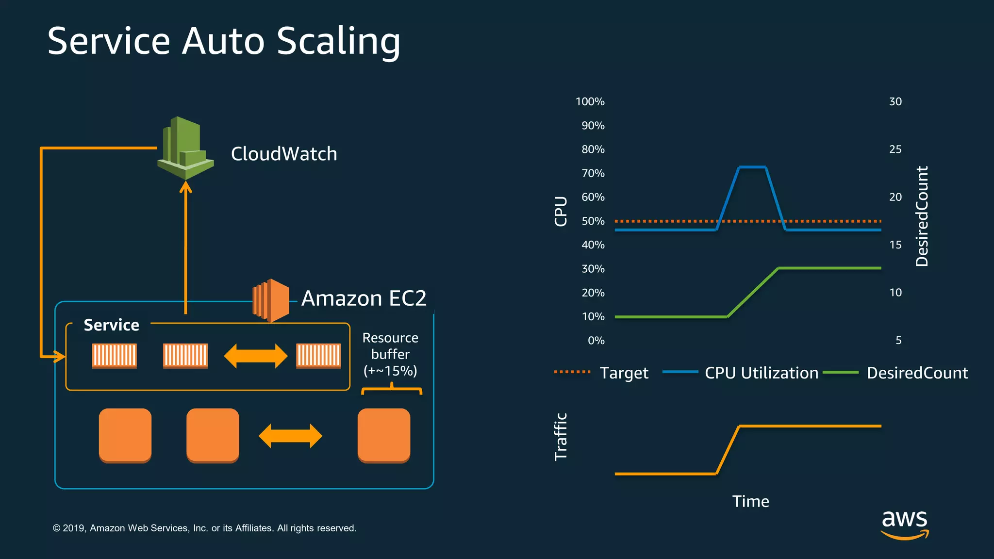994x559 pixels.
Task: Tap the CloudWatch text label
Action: (284, 154)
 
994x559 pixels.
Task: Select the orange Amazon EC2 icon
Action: (271, 300)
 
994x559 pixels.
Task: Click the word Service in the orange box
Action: (111, 325)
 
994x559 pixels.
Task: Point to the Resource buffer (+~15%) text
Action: (390, 354)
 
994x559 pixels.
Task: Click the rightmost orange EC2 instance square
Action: (384, 435)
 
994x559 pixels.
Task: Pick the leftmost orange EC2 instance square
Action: (125, 435)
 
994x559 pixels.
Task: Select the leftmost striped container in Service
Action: (115, 356)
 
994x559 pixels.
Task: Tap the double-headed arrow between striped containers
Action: (256, 356)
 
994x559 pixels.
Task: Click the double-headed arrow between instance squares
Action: (290, 436)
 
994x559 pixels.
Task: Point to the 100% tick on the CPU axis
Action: (590, 101)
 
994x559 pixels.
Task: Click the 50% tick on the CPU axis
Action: (593, 221)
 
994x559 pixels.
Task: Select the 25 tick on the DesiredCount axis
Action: (895, 149)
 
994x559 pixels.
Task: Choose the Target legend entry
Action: (624, 373)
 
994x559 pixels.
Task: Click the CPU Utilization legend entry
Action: (761, 373)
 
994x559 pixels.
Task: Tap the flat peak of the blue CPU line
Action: (752, 167)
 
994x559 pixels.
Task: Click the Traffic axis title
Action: (561, 436)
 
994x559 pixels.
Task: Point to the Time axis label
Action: (750, 501)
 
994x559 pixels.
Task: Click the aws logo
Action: (905, 524)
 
